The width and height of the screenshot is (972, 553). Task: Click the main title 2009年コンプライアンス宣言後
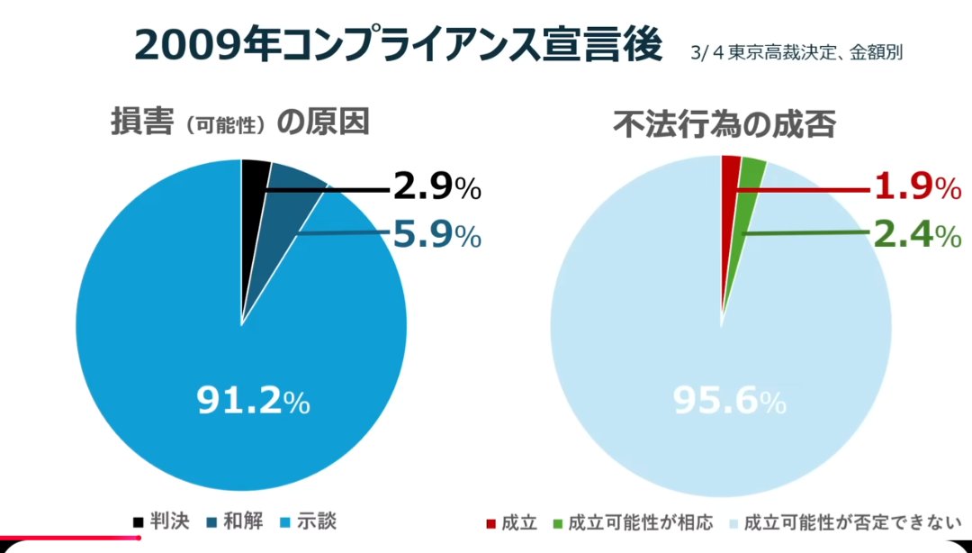399,45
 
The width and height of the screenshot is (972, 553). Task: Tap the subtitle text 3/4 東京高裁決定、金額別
796,52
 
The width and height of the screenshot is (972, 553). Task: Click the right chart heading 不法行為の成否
724,125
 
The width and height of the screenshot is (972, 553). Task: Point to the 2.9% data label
437,188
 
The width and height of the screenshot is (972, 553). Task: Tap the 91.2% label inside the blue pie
253,402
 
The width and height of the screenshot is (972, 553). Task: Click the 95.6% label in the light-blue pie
729,402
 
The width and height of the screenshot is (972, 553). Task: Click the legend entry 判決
153,521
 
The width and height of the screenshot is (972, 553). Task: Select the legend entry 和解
235,521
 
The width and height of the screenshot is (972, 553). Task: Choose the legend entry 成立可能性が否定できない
846,522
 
